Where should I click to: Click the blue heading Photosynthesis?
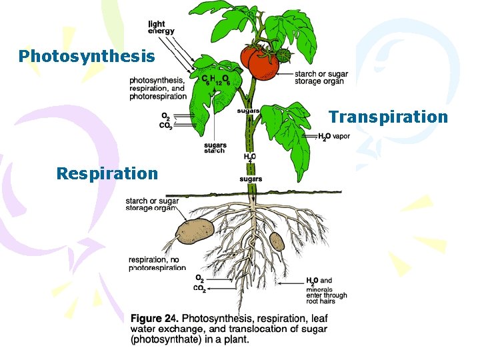click(x=87, y=56)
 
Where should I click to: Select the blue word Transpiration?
click(x=388, y=117)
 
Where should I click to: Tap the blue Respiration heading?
click(x=107, y=174)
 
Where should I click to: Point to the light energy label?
click(x=161, y=27)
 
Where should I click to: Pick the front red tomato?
click(x=264, y=63)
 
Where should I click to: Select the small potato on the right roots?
click(x=277, y=241)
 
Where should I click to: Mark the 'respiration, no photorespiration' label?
click(x=157, y=263)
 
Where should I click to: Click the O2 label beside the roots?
click(x=199, y=278)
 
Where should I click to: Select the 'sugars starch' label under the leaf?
click(x=215, y=148)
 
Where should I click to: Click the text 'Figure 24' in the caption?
click(x=154, y=318)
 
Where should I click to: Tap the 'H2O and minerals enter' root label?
click(x=326, y=291)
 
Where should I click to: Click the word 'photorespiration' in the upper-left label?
click(x=159, y=96)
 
